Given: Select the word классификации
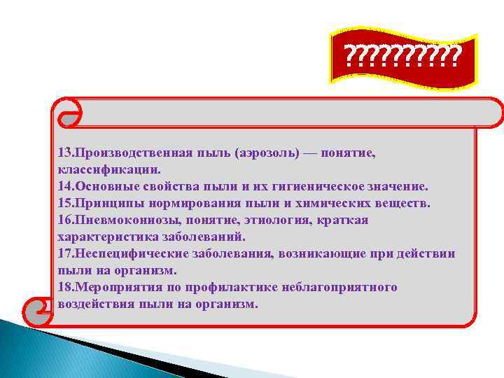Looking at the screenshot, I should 108,169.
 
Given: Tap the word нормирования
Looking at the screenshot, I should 192,203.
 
